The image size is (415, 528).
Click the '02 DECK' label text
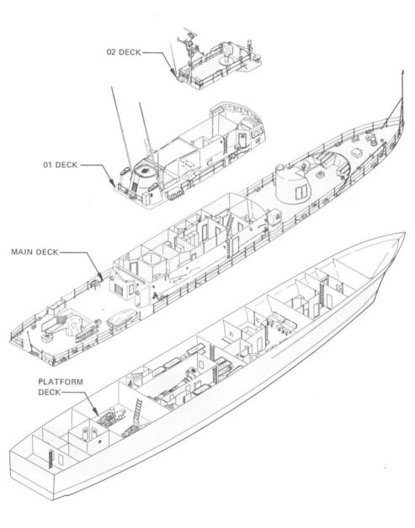coord(123,51)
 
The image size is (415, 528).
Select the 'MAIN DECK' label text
coord(35,251)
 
